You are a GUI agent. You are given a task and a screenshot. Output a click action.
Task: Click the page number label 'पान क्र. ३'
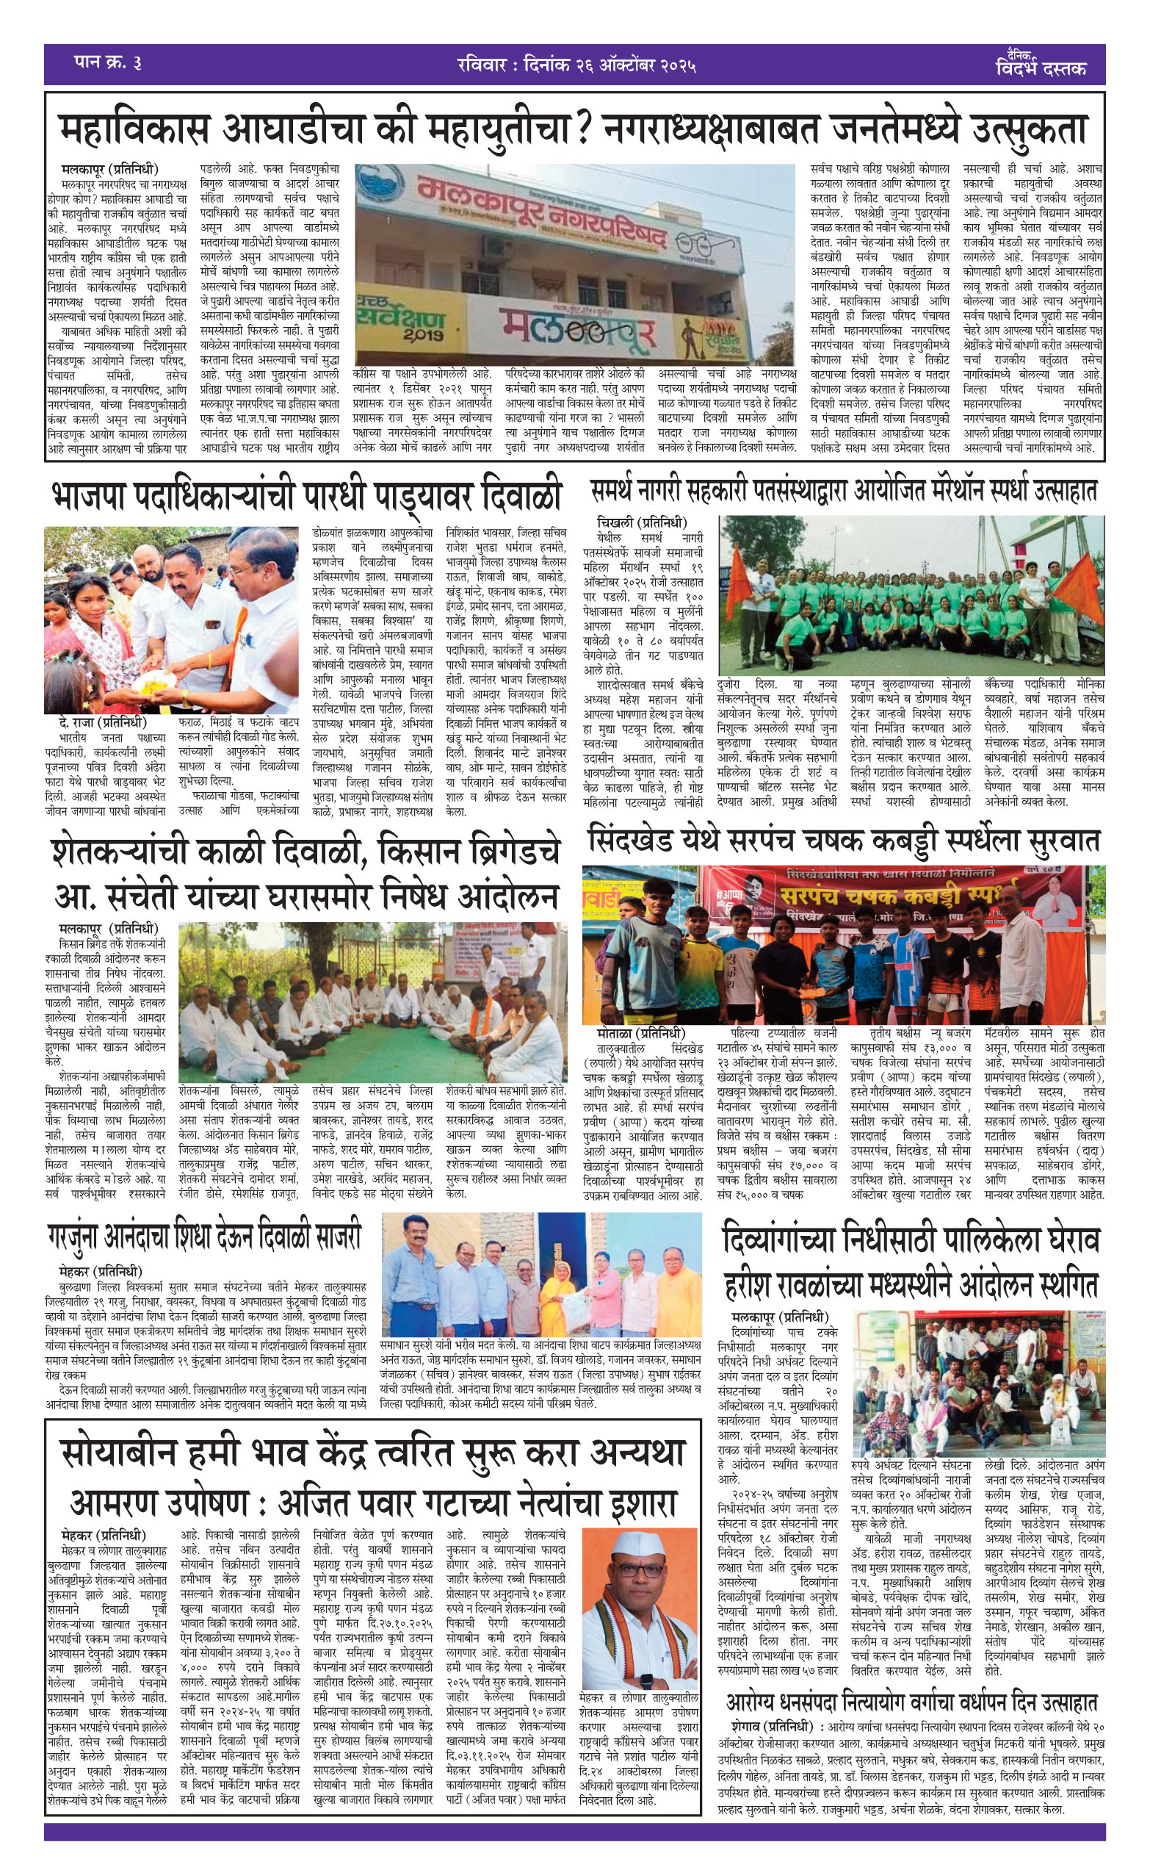(x=107, y=62)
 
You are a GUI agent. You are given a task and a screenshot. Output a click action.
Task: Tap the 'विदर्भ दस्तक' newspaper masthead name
(x=1041, y=69)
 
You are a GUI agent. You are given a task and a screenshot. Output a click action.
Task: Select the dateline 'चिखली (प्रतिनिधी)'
(x=642, y=523)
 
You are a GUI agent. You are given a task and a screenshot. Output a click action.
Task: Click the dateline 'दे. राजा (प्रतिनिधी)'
(x=105, y=722)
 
